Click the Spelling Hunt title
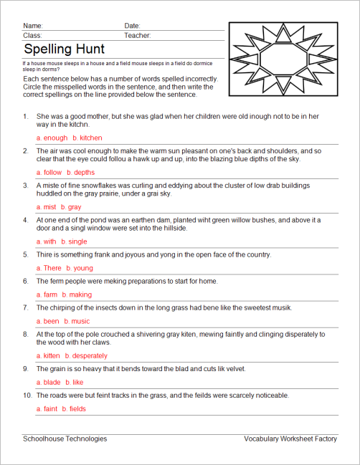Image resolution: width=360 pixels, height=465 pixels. [64, 49]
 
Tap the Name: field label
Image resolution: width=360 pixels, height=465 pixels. [33, 26]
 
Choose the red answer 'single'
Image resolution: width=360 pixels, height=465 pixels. [77, 241]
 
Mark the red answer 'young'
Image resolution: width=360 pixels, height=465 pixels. [83, 268]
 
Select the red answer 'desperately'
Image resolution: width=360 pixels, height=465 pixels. [90, 355]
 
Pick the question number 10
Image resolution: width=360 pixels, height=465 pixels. [26, 395]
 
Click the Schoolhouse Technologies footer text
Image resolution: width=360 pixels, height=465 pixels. [65, 438]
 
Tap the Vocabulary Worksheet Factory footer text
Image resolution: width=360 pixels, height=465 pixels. [290, 438]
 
